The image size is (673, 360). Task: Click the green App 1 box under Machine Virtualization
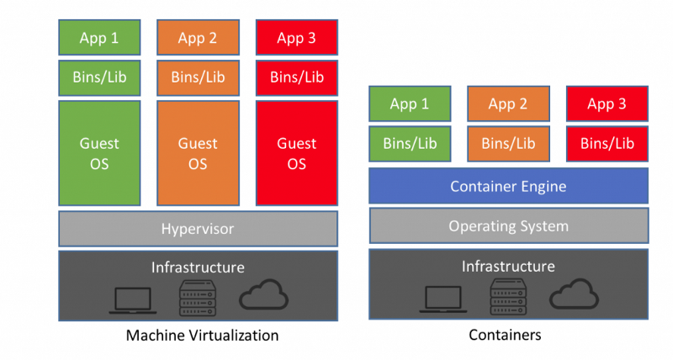coord(100,38)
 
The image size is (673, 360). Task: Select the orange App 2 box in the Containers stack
coord(507,104)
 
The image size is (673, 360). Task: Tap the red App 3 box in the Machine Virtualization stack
coord(297,38)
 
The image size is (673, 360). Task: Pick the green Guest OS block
coord(100,153)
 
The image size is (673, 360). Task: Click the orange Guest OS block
coord(198,153)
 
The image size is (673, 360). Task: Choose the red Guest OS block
coord(297,153)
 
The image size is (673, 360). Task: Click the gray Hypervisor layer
coord(198,228)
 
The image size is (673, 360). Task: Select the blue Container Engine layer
coord(508,186)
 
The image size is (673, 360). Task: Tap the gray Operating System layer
coord(508,225)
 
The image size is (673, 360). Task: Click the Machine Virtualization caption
coord(202,336)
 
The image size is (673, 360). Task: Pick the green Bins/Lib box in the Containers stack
coord(410,143)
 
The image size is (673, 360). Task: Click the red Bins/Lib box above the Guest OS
coord(297,77)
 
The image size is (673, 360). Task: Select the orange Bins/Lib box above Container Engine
coord(507,143)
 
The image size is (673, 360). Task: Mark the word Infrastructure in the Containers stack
coord(508,267)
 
